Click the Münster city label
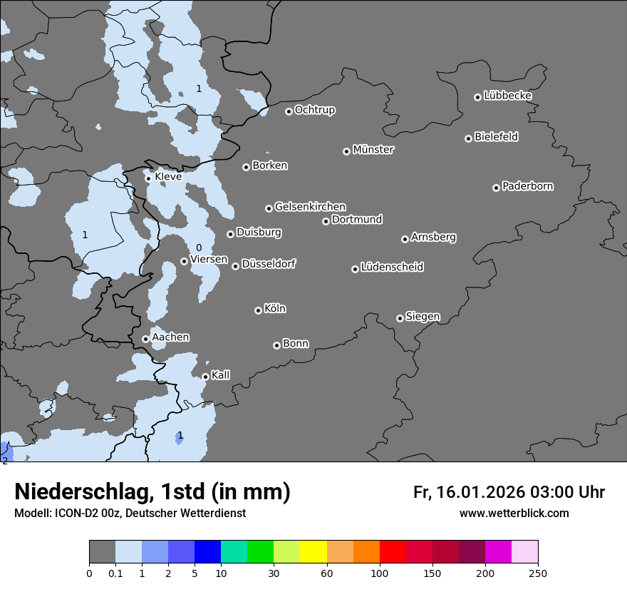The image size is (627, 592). pyautogui.click(x=373, y=150)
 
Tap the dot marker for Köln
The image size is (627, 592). pyautogui.click(x=258, y=310)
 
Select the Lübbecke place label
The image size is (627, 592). pyautogui.click(x=507, y=96)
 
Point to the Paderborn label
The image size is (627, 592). pyautogui.click(x=528, y=186)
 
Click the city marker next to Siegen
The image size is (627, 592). pyautogui.click(x=400, y=318)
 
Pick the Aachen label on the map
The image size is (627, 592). pyautogui.click(x=170, y=337)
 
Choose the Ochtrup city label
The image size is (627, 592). pyautogui.click(x=315, y=110)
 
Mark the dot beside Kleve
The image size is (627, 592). pyautogui.click(x=148, y=178)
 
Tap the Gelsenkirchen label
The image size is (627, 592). pyautogui.click(x=310, y=207)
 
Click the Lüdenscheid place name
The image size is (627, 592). pyautogui.click(x=392, y=267)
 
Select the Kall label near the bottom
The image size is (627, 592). pyautogui.click(x=221, y=375)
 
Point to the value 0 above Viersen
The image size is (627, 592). pyautogui.click(x=199, y=247)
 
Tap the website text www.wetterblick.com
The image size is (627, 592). pyautogui.click(x=514, y=513)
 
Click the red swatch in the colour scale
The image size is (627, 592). pyautogui.click(x=393, y=552)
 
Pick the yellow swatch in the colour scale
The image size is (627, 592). pyautogui.click(x=313, y=552)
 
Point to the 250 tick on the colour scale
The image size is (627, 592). pyautogui.click(x=538, y=573)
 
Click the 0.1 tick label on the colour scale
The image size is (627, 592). pyautogui.click(x=115, y=573)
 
